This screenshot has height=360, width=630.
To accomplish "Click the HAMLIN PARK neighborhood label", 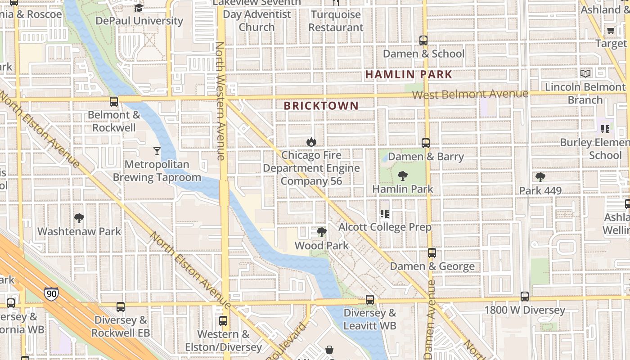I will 408,74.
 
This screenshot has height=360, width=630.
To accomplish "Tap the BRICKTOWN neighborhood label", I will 321,106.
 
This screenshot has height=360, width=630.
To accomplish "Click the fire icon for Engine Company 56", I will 311,142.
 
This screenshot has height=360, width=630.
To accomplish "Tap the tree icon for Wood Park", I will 321,232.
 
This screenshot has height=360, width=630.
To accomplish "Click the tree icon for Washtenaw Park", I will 79,218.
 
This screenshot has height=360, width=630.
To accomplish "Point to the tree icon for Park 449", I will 540,177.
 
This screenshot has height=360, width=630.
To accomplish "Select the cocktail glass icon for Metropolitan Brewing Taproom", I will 157,151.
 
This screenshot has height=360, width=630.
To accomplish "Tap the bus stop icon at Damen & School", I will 423,40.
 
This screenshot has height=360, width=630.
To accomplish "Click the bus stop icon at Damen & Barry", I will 426,143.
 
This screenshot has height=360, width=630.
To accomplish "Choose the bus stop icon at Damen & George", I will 432,253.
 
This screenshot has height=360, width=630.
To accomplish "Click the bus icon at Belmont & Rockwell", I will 114,102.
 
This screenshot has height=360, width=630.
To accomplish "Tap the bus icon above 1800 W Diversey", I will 525,297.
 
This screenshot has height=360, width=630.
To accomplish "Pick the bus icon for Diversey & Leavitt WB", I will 370,299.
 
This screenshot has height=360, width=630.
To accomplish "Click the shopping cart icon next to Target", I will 611,31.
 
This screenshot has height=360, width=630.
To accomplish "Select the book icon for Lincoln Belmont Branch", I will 585,73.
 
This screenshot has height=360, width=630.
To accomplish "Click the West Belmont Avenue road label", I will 470,94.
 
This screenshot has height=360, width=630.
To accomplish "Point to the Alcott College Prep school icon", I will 384,214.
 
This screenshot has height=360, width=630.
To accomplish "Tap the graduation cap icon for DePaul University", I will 139,8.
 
